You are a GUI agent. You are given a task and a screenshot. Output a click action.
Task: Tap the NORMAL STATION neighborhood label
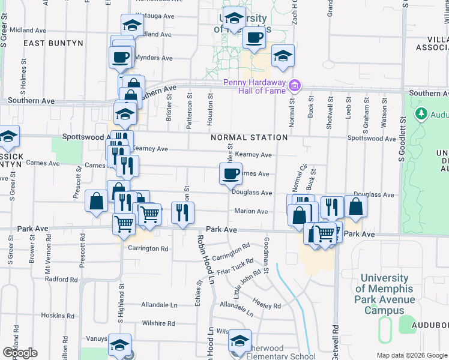click(x=249, y=137)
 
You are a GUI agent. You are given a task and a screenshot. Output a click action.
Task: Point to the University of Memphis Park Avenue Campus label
click(x=388, y=295)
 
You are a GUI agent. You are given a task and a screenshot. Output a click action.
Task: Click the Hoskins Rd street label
click(x=57, y=315)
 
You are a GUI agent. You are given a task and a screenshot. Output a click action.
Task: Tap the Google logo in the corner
click(x=20, y=353)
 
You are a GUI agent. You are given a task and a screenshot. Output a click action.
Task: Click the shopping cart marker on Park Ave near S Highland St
click(x=124, y=224)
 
